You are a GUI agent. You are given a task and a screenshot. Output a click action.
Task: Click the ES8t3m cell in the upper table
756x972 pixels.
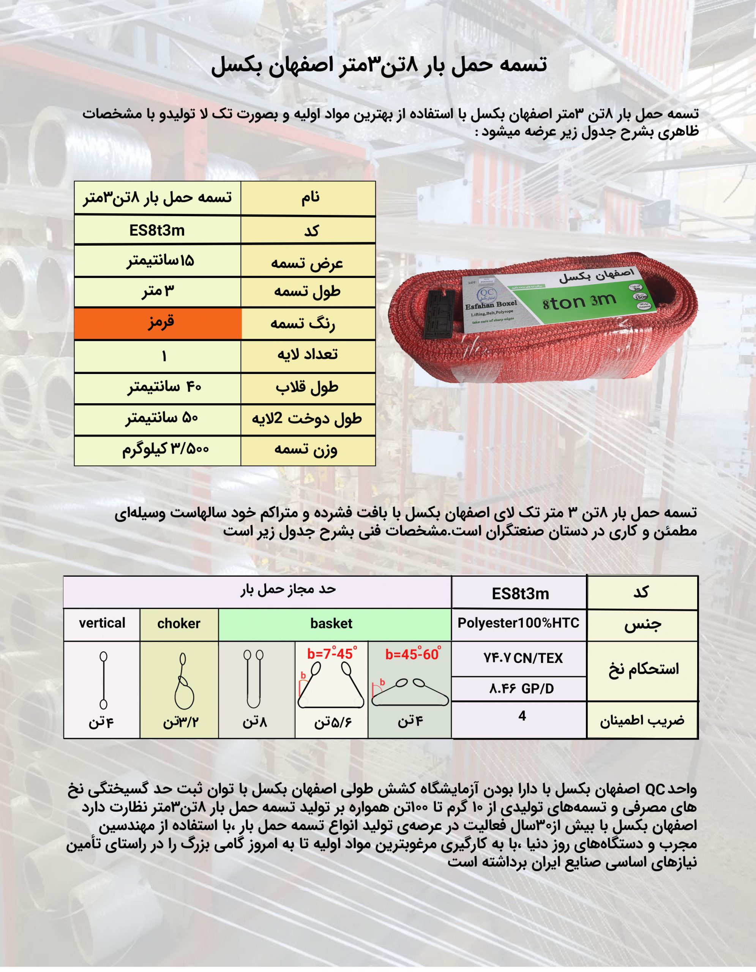pos(157,230)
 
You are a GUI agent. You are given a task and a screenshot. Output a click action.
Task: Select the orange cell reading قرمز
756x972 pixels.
pos(158,323)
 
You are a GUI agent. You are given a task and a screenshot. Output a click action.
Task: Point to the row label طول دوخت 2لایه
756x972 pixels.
pos(307,419)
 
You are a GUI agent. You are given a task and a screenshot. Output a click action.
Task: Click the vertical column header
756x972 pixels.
pos(102,623)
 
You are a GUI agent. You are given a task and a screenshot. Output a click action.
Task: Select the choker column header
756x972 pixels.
pos(178,623)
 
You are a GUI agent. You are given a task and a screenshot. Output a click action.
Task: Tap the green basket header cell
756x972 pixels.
pos(331,623)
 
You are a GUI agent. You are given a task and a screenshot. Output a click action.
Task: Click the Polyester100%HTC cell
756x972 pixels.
pos(518,623)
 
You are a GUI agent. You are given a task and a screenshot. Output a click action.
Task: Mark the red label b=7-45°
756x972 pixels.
pos(331,654)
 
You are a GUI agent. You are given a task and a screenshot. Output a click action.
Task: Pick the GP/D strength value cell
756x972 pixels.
pos(521,689)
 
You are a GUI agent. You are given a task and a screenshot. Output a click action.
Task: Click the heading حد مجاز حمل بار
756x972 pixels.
pos(288,590)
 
